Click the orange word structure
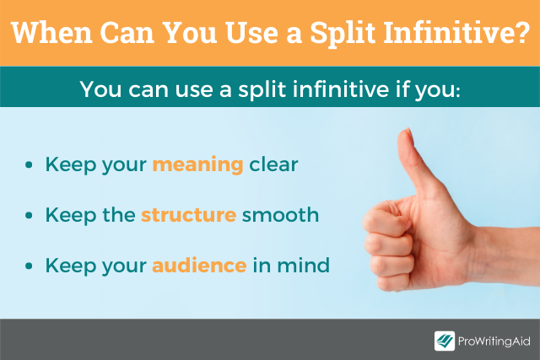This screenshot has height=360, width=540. (x=188, y=215)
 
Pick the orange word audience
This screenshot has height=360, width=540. (x=199, y=266)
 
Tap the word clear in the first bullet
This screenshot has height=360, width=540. (x=273, y=165)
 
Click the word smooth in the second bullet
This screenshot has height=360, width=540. (x=280, y=215)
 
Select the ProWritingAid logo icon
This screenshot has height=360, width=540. (x=445, y=341)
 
